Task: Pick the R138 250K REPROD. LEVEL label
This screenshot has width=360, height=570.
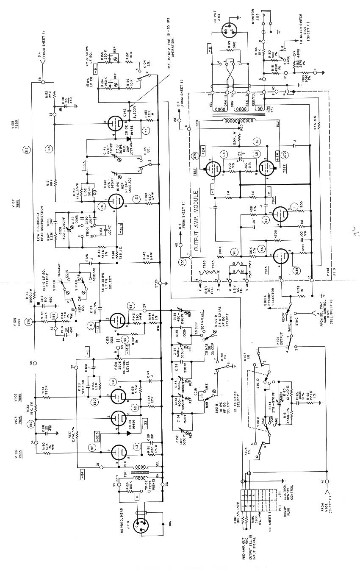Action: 125,359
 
